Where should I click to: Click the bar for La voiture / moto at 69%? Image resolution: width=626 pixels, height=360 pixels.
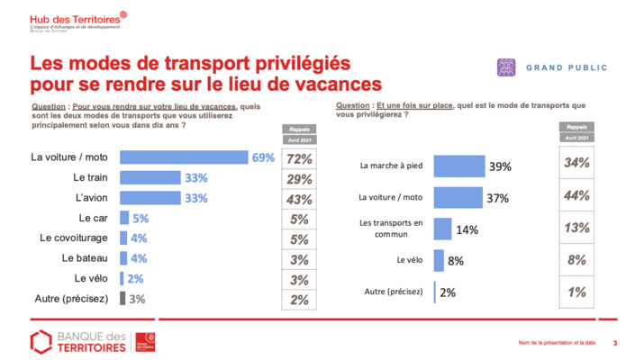[x=184, y=157]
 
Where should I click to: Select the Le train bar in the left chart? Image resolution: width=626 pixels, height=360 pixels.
[x=150, y=177]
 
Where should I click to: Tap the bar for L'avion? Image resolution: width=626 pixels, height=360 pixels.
[x=150, y=197]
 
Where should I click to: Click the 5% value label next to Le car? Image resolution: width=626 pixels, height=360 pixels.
[x=141, y=218]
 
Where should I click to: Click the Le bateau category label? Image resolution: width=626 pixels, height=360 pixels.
[x=88, y=258]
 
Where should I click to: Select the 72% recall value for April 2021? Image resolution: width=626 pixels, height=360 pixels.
[x=298, y=158]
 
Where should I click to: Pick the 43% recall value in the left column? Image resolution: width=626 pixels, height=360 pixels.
[x=298, y=198]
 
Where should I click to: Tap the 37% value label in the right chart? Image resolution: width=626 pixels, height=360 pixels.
[x=497, y=197]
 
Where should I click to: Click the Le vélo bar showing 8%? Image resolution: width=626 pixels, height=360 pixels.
[x=439, y=261]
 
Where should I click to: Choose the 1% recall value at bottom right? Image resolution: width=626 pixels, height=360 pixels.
[x=576, y=292]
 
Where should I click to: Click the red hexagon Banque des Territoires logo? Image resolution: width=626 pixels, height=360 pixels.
[x=41, y=341]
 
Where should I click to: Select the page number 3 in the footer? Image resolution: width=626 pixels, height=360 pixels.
[x=614, y=342]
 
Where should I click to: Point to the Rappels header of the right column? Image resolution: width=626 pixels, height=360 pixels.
[x=576, y=127]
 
